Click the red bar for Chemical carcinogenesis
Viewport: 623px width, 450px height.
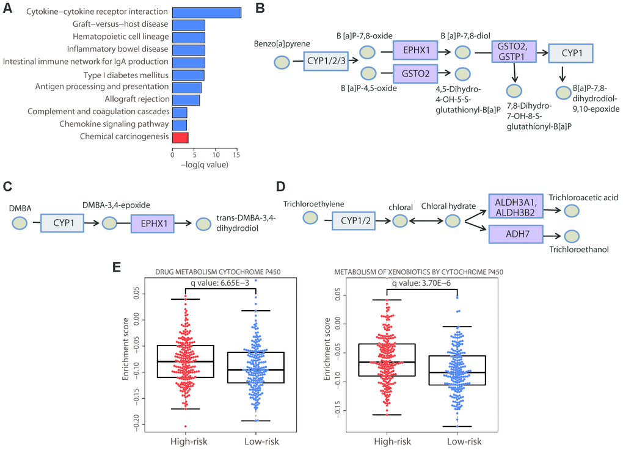pyautogui.click(x=180, y=137)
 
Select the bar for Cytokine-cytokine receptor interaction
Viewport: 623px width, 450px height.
pyautogui.click(x=206, y=12)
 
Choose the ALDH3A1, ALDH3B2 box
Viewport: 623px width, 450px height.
pyautogui.click(x=515, y=205)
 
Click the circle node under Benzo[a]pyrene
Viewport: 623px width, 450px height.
pyautogui.click(x=282, y=62)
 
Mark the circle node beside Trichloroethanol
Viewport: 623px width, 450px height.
pyautogui.click(x=571, y=236)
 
